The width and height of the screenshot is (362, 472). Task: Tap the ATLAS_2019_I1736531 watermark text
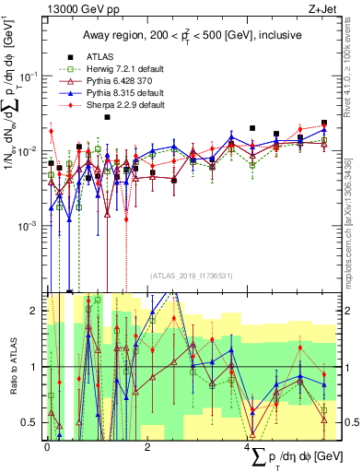[191, 275]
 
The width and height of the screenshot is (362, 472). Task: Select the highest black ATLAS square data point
[107, 117]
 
